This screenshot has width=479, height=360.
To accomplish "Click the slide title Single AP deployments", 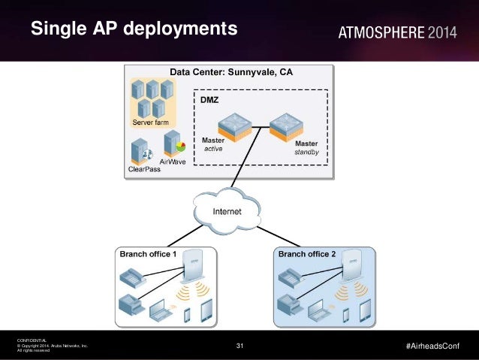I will point(134,29).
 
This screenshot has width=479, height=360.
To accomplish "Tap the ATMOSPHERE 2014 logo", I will point(397,32).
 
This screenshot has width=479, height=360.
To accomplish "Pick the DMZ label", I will point(208,99).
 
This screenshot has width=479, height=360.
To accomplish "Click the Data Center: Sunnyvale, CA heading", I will point(231,73).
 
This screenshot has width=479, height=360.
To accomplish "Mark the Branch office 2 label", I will point(308,255).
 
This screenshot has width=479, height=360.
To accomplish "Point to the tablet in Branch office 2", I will point(366,310).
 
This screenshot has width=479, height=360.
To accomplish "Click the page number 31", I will point(239,346).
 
